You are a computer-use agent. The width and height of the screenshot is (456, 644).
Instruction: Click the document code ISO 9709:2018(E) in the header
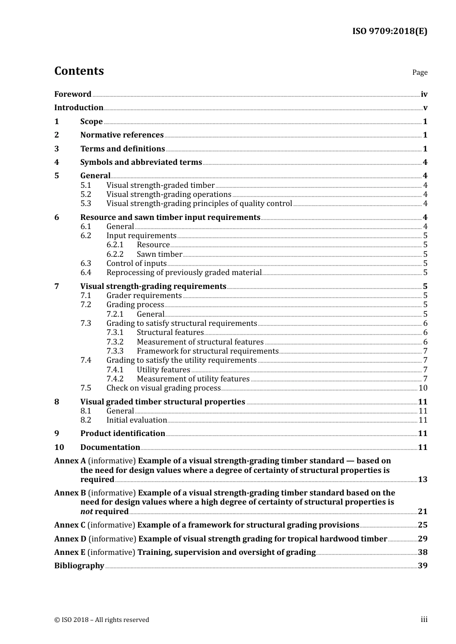pos(389,31)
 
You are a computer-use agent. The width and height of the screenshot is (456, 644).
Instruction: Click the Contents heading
pos(79,71)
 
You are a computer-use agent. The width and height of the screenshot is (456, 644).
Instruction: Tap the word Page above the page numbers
pos(420,72)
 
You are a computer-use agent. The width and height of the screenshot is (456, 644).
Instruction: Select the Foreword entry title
pos(72,94)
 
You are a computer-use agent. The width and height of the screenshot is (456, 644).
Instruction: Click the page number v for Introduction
pos(425,108)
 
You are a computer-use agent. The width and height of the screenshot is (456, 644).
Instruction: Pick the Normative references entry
pos(122,135)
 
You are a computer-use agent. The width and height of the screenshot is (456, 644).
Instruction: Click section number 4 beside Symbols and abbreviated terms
pos(57,162)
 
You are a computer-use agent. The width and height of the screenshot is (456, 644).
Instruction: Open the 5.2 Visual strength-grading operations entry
pos(168,195)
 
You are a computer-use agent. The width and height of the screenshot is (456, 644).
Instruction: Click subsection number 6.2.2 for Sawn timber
pos(115,254)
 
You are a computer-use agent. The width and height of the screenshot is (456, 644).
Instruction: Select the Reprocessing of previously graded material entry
pos(184,273)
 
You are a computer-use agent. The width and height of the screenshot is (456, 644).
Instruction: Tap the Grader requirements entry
pos(144,296)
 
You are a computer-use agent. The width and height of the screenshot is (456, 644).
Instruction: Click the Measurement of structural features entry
pos(200,342)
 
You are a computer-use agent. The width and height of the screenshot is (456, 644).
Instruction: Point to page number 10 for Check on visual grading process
pos(422,388)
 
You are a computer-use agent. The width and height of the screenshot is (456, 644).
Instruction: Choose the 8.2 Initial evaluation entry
pos(136,420)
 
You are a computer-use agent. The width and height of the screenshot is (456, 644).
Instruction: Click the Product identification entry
pos(122,434)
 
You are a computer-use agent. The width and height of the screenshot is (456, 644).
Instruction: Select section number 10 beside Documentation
pos(59,448)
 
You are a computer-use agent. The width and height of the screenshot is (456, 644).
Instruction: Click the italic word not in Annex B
pos(86,512)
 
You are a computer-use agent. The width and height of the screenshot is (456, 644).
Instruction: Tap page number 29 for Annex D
pos(422,539)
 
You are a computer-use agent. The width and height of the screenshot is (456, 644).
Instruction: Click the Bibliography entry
pos(79,566)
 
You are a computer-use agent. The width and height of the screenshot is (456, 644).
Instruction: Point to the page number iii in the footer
pos(424,620)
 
